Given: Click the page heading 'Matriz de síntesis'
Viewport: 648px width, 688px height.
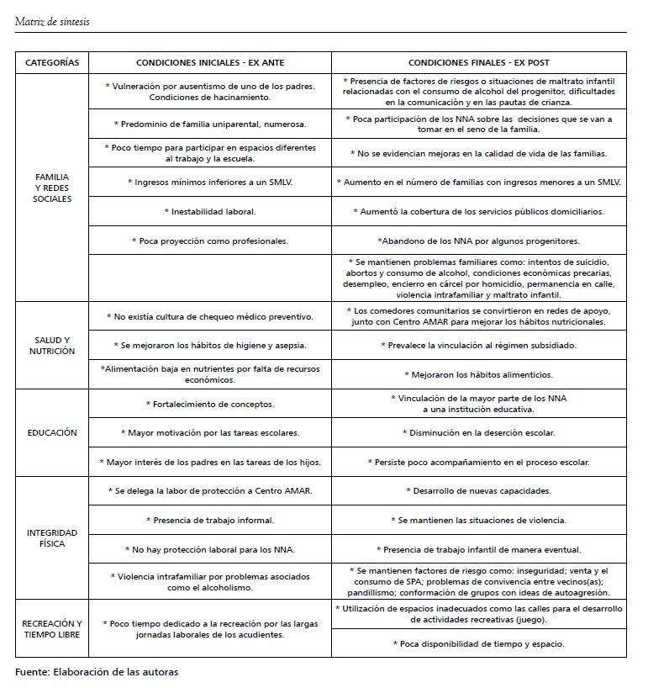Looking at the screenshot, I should point(52,21).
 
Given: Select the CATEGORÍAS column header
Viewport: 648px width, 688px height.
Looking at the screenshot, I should point(52,63).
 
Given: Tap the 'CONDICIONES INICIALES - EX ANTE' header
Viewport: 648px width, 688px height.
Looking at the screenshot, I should point(209,63).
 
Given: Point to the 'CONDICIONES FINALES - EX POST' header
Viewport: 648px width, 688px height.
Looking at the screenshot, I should point(479,63).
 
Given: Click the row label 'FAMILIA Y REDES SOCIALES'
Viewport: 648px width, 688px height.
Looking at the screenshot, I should point(52,188).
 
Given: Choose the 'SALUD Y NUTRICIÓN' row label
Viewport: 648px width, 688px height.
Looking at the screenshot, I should point(52,345).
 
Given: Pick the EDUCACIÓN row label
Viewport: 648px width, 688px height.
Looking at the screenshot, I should point(52,433).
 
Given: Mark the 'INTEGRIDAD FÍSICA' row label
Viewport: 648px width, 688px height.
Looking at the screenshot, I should point(52,537).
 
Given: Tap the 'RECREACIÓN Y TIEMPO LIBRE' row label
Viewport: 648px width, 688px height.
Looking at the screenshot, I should point(52,628).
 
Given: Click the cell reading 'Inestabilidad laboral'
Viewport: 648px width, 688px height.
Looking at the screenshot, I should point(209,211).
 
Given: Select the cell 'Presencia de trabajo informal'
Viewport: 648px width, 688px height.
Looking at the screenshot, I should point(209,521).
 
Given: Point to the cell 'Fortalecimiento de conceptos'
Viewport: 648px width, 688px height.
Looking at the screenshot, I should point(209,404).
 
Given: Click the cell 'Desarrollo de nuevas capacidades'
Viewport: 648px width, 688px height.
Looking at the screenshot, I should point(479,490).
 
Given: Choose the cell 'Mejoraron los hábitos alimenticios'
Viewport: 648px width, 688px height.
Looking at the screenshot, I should point(479,374).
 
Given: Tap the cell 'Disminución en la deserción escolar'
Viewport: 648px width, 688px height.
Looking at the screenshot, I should point(479,432).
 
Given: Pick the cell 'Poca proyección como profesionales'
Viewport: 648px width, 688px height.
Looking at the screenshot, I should point(209,241).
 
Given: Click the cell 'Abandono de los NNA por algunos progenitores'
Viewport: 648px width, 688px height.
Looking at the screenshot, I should point(479,241).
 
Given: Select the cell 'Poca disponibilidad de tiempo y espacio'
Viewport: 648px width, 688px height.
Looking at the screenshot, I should point(479,643).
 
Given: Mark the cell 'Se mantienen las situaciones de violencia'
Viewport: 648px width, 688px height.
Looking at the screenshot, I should point(479,521).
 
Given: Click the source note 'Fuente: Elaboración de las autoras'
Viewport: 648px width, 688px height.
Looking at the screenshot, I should point(97,672).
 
